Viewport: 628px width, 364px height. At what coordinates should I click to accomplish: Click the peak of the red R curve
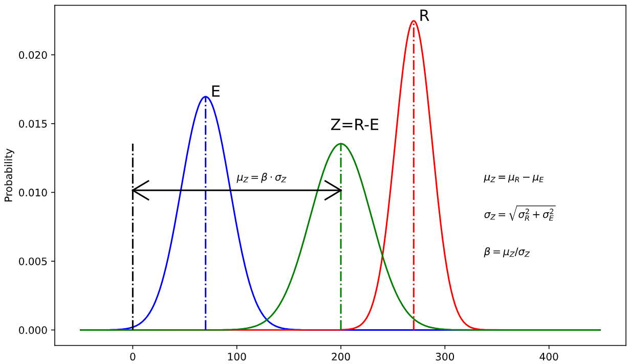coord(414,21)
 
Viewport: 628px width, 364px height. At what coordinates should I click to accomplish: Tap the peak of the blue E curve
coord(205,97)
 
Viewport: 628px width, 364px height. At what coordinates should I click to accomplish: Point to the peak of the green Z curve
coord(340,144)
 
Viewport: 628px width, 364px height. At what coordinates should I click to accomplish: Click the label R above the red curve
coord(424,16)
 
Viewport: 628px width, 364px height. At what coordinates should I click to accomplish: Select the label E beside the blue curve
coord(215,92)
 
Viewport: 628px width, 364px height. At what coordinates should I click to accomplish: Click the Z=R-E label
coord(355,125)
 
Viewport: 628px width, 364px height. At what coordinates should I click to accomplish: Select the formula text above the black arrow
coord(261,178)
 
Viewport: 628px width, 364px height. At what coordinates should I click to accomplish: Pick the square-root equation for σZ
coord(519,214)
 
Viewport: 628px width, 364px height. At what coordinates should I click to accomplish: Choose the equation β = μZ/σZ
coord(507,252)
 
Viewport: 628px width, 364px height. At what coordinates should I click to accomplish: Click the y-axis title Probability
coord(9,175)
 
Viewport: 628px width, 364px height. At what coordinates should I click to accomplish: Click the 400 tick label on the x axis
coord(549,355)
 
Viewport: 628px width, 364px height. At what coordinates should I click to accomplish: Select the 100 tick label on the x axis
coord(236,355)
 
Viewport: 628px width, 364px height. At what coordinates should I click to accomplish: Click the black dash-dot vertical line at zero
coord(133,256)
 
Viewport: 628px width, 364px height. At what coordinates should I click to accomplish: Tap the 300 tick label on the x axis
coord(445,355)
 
